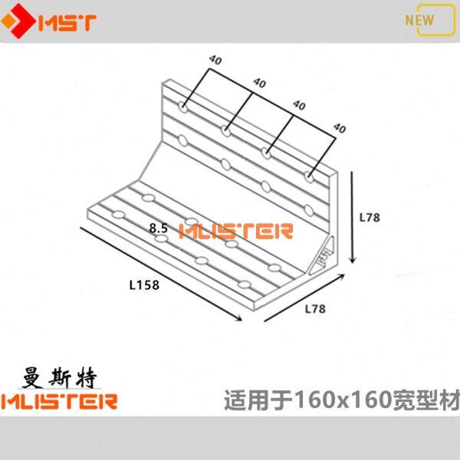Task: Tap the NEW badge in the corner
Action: (419, 19)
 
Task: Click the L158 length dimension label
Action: (144, 284)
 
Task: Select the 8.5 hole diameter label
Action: (159, 228)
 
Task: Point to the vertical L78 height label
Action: (370, 218)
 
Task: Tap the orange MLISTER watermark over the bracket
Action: (235, 231)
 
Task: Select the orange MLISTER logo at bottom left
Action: (60, 400)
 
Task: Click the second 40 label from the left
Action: (258, 82)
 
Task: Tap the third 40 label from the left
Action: (299, 105)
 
